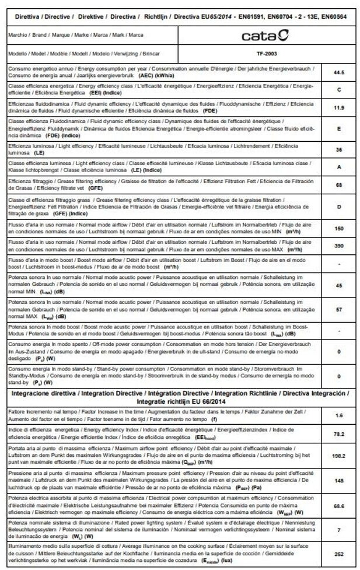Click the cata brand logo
click(265, 36)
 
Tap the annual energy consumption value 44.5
click(338, 72)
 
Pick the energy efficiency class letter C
click(338, 89)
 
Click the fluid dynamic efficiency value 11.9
click(338, 107)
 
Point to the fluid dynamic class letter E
click(338, 128)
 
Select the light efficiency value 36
click(338, 149)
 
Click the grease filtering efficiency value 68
click(338, 185)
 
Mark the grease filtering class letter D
click(338, 206)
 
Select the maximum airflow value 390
click(338, 246)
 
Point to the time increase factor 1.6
click(338, 415)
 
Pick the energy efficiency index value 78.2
click(338, 434)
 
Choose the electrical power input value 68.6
click(338, 505)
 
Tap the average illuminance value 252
click(338, 554)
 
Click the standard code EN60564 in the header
click(331, 17)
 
